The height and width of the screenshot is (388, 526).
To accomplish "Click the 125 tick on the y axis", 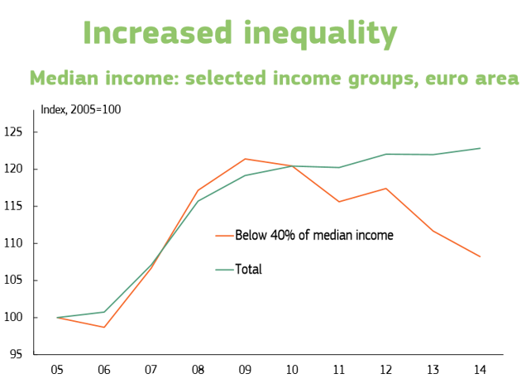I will coord(14,132).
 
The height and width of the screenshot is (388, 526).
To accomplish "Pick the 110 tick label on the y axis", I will coord(14,243).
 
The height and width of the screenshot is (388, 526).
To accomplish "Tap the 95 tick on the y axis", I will coord(17,355).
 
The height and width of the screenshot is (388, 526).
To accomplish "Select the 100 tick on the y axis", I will coord(14,318).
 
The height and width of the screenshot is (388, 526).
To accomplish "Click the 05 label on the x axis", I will coord(57,371).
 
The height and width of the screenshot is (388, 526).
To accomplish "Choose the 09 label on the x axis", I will coord(245,371).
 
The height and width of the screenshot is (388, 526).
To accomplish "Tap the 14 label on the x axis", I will coord(480,371).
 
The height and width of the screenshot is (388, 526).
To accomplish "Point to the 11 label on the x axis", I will coord(339,371).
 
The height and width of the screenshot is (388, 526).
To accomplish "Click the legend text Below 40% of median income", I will coord(313,235).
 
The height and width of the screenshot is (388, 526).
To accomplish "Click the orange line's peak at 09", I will coord(246,159).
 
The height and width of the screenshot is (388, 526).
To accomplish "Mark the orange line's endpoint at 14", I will coord(481,256).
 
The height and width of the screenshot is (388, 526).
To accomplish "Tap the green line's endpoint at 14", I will coord(481,148).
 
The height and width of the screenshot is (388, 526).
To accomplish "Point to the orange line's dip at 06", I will coord(104,327).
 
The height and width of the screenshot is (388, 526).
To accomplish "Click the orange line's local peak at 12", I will coord(386,189).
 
